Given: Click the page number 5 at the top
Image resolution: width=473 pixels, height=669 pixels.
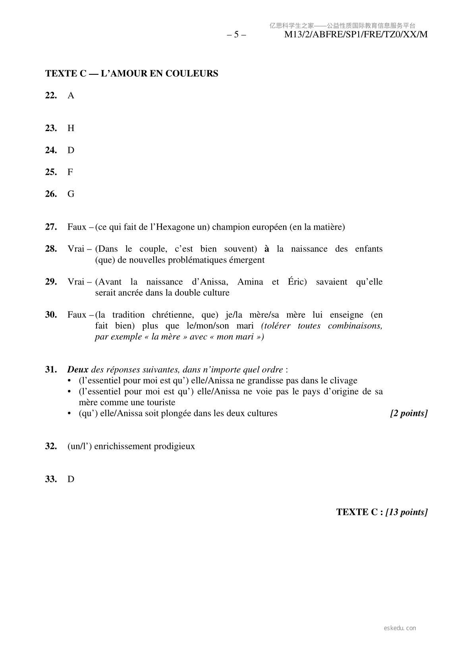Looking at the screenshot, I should [x=236, y=35].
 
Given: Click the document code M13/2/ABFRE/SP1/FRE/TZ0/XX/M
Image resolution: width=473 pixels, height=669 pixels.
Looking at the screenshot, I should [x=356, y=35].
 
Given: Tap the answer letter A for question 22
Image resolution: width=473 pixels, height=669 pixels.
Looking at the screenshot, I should [x=71, y=96].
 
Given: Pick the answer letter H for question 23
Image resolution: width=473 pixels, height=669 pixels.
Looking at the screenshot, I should [x=71, y=128].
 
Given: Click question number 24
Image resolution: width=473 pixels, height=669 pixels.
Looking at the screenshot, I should [x=51, y=150].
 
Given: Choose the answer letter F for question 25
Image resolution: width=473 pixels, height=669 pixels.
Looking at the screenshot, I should [x=70, y=172].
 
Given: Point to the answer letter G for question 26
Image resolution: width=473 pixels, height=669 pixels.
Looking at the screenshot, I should [x=71, y=194].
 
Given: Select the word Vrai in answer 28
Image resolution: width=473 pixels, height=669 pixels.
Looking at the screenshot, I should [x=76, y=249].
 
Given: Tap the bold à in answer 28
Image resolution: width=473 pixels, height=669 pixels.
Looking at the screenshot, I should [x=267, y=249].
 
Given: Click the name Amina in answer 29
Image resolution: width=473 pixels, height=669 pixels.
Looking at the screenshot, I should [x=250, y=282].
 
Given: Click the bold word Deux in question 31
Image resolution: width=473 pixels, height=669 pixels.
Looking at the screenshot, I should [x=78, y=370].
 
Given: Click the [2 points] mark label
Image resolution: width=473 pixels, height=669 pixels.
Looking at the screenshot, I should [x=409, y=414].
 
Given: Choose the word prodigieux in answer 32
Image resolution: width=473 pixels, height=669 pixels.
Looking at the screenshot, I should [x=175, y=447].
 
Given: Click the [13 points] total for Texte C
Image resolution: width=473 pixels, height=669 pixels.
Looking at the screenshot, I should [x=406, y=512].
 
